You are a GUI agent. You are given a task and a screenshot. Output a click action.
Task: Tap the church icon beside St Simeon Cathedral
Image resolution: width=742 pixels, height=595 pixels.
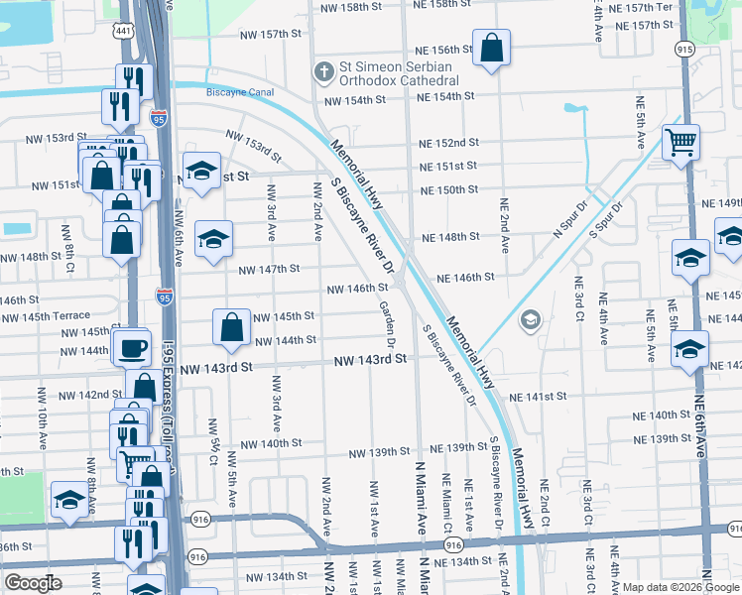322,71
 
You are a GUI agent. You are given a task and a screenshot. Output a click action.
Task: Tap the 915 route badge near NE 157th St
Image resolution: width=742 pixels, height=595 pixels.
684,48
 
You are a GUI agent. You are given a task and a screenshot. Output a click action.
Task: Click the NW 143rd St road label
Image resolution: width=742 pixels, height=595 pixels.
370,360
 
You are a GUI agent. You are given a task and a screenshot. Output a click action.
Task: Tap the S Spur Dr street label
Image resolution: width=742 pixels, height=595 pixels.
605,219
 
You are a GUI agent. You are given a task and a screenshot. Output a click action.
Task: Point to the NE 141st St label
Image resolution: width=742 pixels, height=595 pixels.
538,397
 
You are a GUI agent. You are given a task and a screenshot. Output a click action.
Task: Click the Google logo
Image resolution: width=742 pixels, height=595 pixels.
33,583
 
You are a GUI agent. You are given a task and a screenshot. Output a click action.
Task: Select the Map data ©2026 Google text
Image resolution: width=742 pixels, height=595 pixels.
679,586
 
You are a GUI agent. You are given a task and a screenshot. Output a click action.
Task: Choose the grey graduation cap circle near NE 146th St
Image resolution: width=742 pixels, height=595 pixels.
531,318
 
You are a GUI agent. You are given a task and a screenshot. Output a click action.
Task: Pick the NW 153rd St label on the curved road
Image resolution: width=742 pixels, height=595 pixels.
253,146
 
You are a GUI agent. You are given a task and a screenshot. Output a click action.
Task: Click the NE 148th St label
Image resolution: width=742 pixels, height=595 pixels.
451,237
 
